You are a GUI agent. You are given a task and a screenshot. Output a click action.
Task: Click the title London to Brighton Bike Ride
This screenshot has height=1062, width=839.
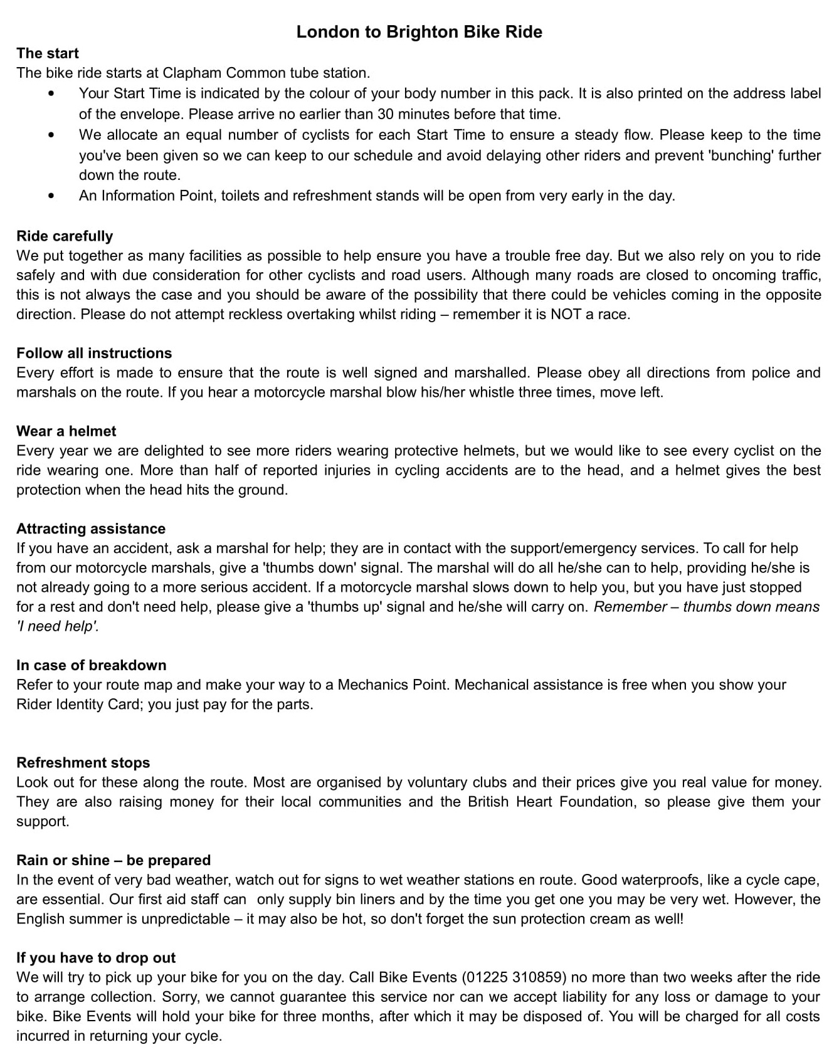click(x=419, y=32)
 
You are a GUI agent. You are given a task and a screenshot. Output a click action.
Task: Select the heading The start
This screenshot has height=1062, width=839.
click(x=48, y=53)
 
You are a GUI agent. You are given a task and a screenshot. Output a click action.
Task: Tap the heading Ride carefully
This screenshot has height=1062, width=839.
click(x=65, y=236)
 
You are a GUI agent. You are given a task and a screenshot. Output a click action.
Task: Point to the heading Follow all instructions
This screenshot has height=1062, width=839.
click(x=94, y=353)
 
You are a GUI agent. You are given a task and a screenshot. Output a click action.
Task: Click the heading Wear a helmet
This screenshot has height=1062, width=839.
click(x=66, y=431)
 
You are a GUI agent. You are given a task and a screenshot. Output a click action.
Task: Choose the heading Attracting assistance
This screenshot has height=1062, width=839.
click(x=91, y=528)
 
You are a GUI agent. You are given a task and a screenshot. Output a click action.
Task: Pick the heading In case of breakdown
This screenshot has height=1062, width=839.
click(x=92, y=665)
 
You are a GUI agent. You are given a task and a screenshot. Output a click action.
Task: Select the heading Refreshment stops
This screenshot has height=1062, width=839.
click(x=83, y=763)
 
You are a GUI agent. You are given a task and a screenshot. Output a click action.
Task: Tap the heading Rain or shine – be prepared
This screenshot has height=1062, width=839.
click(x=113, y=860)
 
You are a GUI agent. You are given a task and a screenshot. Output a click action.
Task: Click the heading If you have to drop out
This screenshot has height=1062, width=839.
click(x=96, y=958)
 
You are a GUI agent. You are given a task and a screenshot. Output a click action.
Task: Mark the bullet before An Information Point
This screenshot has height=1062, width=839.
click(x=51, y=196)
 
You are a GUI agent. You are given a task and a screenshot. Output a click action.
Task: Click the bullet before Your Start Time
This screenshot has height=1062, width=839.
click(x=51, y=94)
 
